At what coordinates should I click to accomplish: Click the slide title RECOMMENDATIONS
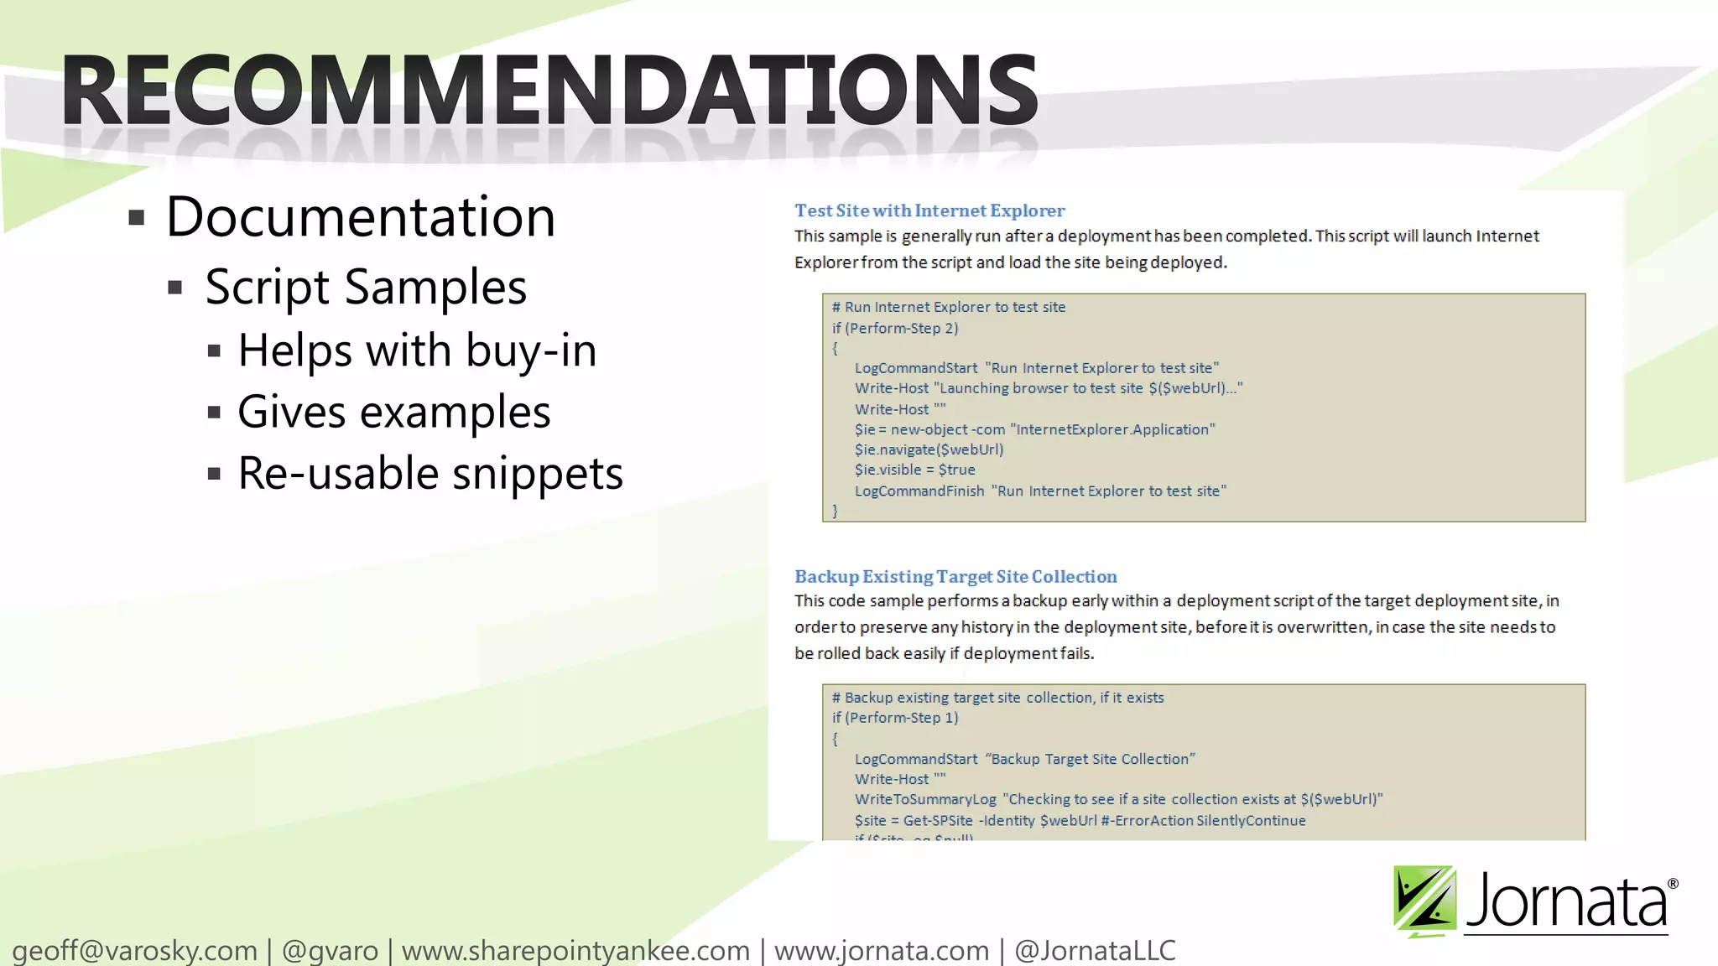tap(549, 90)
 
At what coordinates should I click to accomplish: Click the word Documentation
tap(361, 217)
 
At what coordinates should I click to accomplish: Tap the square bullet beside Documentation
tap(137, 219)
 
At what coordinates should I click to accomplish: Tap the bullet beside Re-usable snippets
tap(214, 475)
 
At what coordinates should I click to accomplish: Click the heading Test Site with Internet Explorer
tap(929, 210)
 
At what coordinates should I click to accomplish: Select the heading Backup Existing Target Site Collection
tap(955, 576)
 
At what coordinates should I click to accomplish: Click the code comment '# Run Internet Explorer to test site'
tap(948, 307)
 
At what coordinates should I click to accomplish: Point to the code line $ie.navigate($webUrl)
tap(929, 449)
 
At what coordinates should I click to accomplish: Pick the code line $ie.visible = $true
tap(914, 470)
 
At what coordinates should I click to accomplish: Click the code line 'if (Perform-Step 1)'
tap(894, 718)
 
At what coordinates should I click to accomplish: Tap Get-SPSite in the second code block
tap(938, 820)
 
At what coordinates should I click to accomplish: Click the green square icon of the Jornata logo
tap(1424, 901)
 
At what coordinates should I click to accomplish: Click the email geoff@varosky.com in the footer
tap(134, 950)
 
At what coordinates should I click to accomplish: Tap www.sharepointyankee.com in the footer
tap(575, 950)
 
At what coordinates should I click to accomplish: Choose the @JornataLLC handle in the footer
tap(1095, 950)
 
